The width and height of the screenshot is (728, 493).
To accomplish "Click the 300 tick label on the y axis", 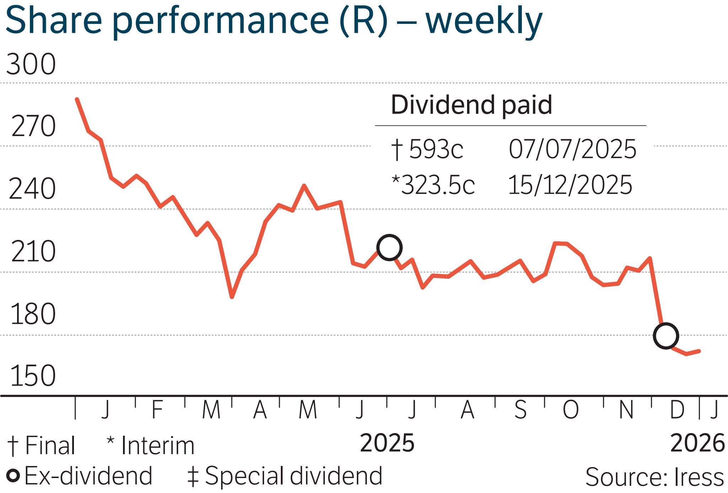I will point(31,64).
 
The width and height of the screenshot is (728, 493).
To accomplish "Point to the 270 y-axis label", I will point(33,126).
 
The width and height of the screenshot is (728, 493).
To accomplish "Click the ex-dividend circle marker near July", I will point(389,247).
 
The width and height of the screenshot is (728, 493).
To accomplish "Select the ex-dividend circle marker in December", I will point(666,336).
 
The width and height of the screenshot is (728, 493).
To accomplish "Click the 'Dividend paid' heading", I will point(471,105).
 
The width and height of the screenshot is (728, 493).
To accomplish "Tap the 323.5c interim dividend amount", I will point(438,185).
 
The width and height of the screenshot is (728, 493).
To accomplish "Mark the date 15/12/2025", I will point(570,185).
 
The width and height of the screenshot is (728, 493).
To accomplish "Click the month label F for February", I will point(157,410).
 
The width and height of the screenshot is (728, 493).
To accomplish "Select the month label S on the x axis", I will point(520,410).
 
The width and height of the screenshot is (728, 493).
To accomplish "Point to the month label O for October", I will point(571,410).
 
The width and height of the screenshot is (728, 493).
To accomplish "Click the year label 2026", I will point(697,443).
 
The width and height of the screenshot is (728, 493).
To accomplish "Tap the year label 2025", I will point(387,443).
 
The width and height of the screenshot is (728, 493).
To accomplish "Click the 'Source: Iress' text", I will point(654,477).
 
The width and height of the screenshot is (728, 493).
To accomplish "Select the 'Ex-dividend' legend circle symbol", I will point(14,476).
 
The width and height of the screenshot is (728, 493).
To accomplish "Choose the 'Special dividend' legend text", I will point(293,476).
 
